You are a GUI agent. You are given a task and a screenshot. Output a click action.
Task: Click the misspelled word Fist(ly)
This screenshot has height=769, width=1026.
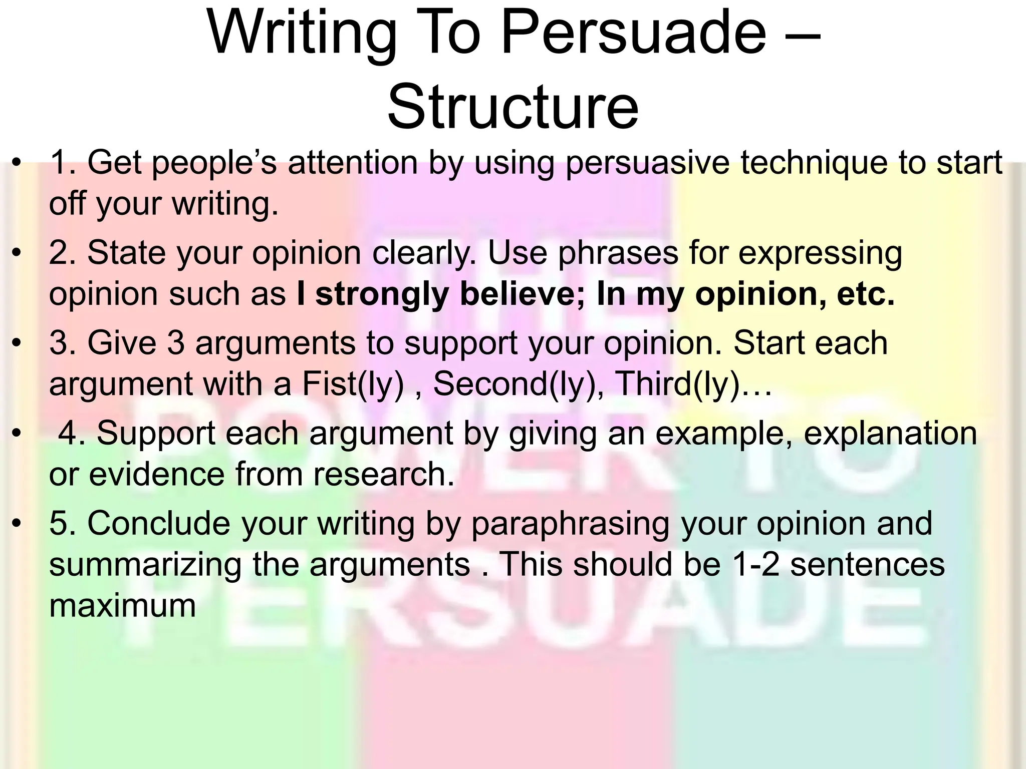pyautogui.click(x=353, y=384)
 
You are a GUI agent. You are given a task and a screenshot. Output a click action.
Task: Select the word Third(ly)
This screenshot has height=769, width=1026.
pyautogui.click(x=677, y=384)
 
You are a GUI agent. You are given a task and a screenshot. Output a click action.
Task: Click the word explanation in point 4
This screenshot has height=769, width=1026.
pyautogui.click(x=890, y=433)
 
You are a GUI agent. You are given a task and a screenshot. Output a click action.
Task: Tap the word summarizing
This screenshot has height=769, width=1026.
pyautogui.click(x=145, y=565)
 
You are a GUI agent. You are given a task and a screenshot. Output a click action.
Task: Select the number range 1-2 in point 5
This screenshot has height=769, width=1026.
pyautogui.click(x=755, y=565)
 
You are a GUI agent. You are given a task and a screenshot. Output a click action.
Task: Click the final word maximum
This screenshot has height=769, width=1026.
pyautogui.click(x=122, y=606)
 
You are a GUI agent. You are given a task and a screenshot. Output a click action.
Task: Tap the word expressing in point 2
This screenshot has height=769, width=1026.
pyautogui.click(x=820, y=254)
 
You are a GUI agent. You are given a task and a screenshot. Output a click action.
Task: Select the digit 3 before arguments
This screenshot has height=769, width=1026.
pyautogui.click(x=175, y=343)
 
